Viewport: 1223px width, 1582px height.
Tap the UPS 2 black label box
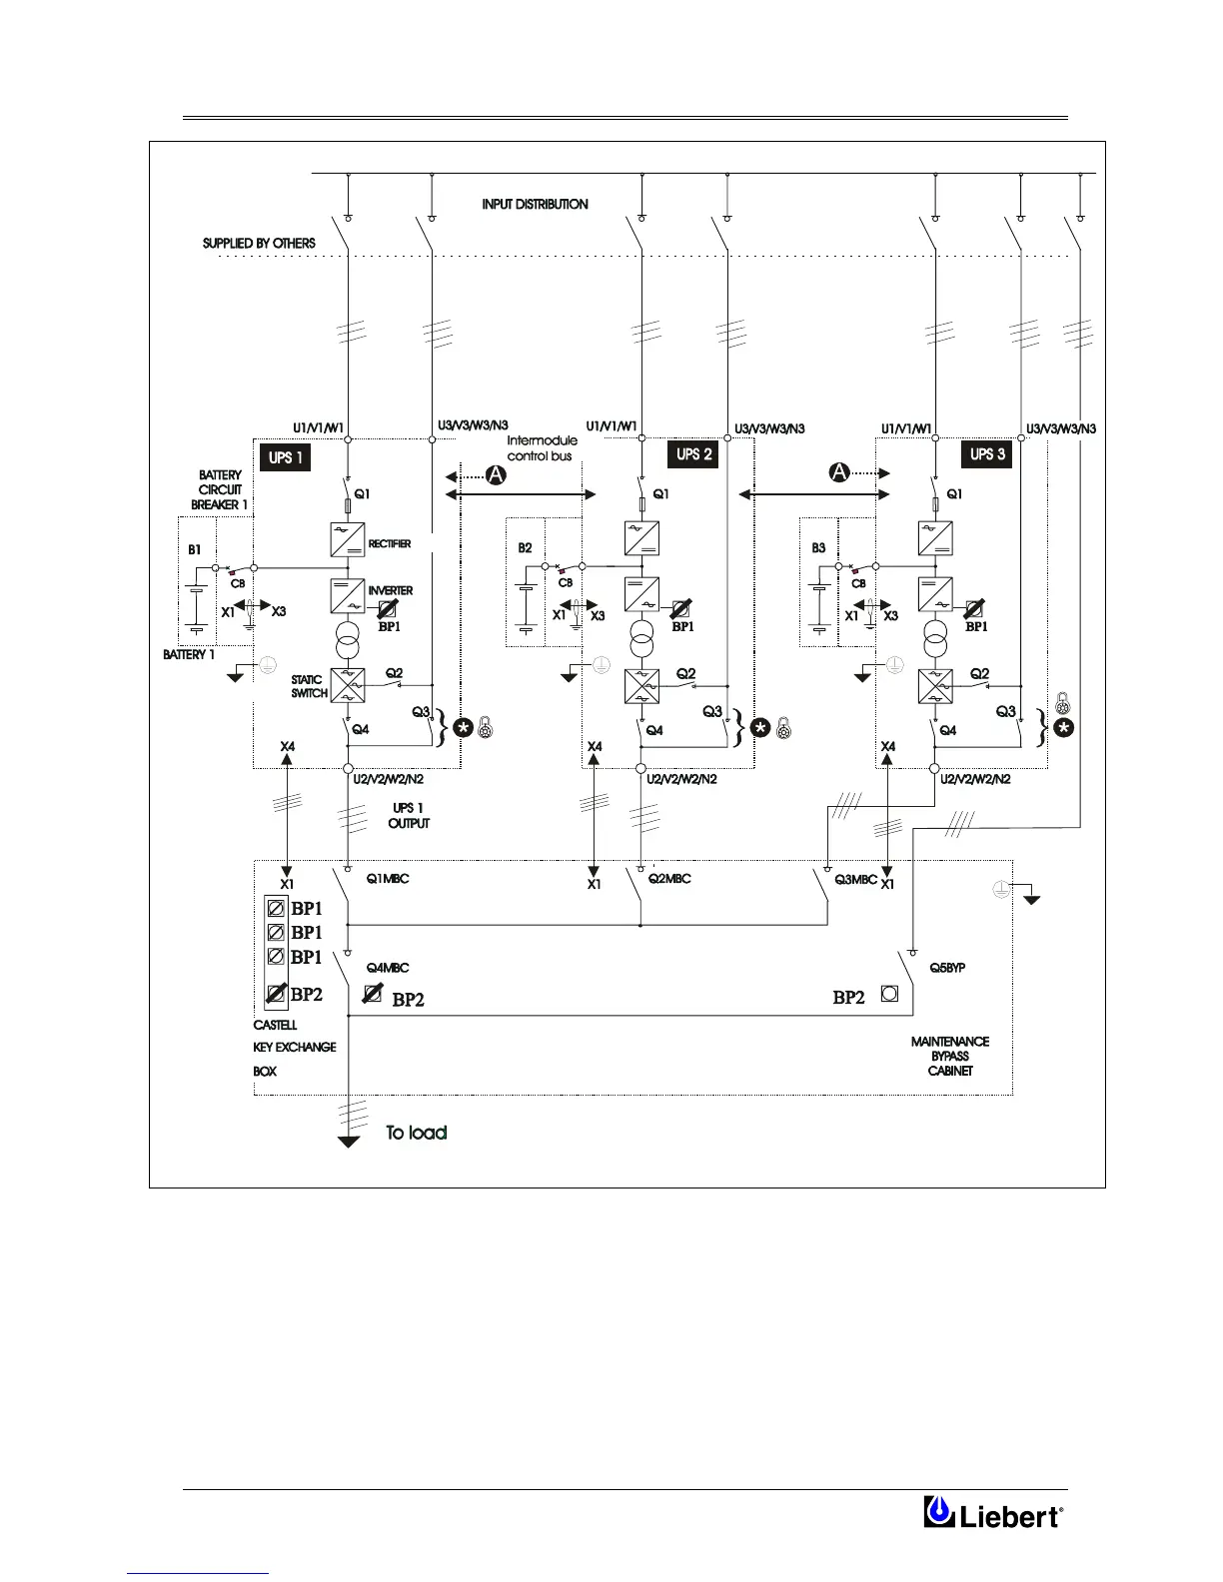(x=694, y=454)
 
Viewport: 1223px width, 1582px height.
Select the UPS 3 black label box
(x=988, y=454)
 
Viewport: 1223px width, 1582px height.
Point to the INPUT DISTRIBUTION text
(x=535, y=204)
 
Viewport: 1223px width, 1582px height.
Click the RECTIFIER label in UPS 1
(x=390, y=544)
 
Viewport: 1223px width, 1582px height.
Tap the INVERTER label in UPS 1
(x=390, y=591)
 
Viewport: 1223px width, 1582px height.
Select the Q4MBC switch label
(x=387, y=968)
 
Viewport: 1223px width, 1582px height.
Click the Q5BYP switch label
(x=946, y=968)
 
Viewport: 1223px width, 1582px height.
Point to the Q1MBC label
(x=388, y=879)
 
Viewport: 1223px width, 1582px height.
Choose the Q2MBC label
(x=668, y=879)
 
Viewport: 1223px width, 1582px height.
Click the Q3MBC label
(x=855, y=880)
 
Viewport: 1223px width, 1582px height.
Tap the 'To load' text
(x=417, y=1133)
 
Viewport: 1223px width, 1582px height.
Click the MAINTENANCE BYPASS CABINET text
(x=950, y=1056)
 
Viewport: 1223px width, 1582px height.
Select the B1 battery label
(x=195, y=550)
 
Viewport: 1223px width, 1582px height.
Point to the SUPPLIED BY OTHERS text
(x=259, y=243)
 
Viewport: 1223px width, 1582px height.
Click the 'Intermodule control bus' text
(x=542, y=448)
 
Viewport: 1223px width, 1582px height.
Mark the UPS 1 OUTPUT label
(x=409, y=815)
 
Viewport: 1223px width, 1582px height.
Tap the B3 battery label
(x=818, y=548)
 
